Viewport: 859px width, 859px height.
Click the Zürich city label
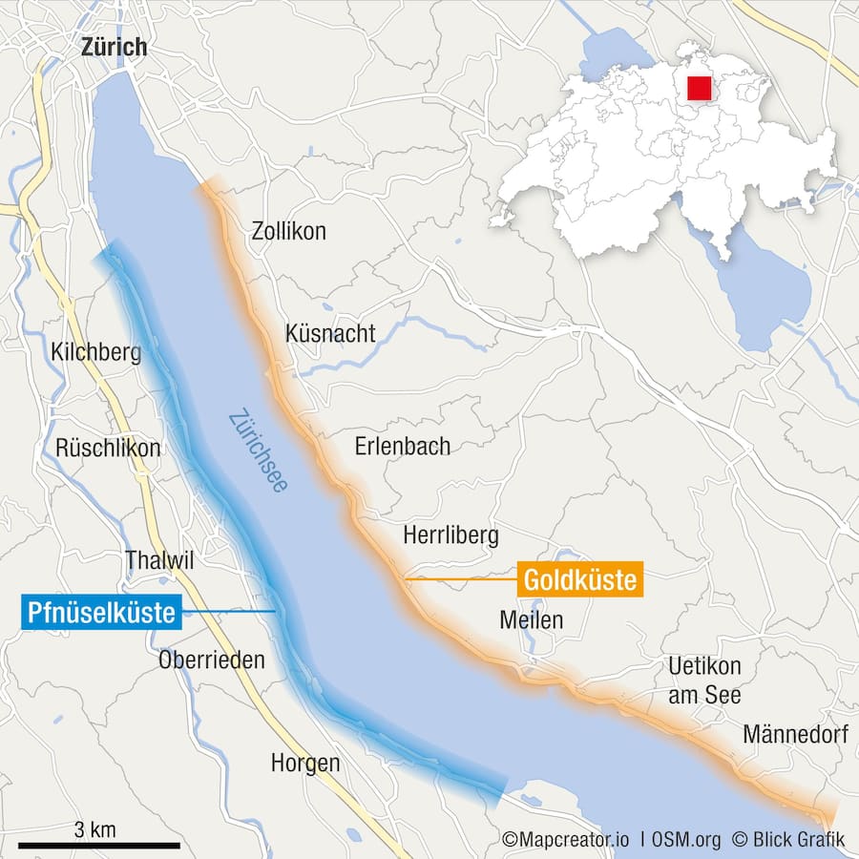[x=114, y=46]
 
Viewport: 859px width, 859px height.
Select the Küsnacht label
[x=330, y=334]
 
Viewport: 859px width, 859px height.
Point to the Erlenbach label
[x=402, y=446]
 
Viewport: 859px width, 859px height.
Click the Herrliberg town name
[x=450, y=535]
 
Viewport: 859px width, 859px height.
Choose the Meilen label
[x=531, y=620]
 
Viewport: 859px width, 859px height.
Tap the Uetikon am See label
[x=704, y=681]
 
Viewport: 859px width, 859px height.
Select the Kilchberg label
[x=96, y=353]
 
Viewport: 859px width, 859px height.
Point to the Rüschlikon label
[x=108, y=448]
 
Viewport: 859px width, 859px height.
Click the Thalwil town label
[x=159, y=561]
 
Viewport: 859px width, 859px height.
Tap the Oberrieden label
[x=212, y=660]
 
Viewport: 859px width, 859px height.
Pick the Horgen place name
[x=304, y=763]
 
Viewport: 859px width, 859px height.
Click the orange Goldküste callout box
[x=580, y=579]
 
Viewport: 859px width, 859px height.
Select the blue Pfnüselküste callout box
[x=101, y=612]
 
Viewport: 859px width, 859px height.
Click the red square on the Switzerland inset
[x=699, y=88]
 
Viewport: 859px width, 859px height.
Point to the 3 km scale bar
[x=98, y=845]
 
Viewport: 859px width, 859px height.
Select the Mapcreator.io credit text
[x=567, y=840]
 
